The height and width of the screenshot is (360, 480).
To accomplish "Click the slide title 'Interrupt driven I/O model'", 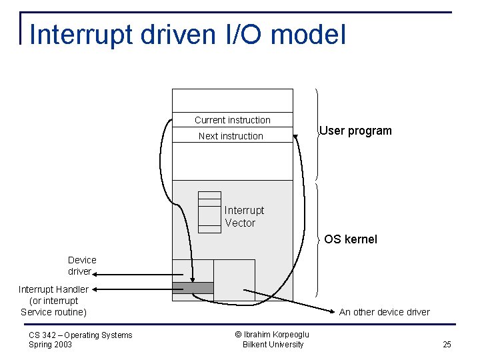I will point(187,35).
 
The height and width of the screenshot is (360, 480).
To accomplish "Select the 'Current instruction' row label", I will point(232,120).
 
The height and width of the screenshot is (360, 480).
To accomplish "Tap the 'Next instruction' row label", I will point(231,136).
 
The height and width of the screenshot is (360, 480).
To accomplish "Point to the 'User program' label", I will point(355,131).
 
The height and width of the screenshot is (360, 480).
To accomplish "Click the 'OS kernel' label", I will point(351,239).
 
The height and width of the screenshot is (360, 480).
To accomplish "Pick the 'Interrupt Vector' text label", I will point(244,217).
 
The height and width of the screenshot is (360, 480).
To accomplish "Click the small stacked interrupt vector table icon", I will point(209,212).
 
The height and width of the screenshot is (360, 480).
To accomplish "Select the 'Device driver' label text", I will point(82,265).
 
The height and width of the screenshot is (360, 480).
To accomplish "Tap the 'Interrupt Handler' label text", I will point(53,289).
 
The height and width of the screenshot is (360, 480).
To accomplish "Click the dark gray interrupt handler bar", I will point(193,288).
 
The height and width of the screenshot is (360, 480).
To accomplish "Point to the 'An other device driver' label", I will point(384,312).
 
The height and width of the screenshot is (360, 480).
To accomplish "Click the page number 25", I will point(447,345).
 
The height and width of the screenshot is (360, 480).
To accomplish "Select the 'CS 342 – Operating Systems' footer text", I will point(81,335).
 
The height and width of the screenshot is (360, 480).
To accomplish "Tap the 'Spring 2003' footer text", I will point(51,345).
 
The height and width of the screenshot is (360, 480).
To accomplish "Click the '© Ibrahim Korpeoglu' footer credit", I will point(273,335).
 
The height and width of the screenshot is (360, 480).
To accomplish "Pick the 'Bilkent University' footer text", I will point(273,345).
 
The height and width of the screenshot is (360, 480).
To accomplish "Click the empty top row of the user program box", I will point(232,100).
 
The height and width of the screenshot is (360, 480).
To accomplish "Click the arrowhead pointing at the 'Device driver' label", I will point(95,273).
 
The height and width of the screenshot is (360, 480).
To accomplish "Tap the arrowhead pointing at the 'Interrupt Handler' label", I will point(94,289).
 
